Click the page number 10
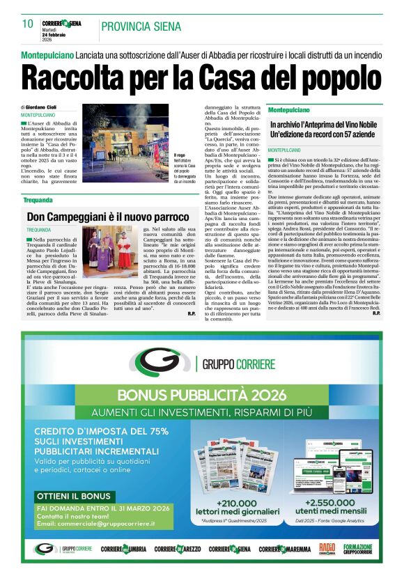pos(28,24)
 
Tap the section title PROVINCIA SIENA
pos(141,27)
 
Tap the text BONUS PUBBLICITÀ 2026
pos(201,396)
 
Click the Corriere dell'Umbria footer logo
pos(123,549)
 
